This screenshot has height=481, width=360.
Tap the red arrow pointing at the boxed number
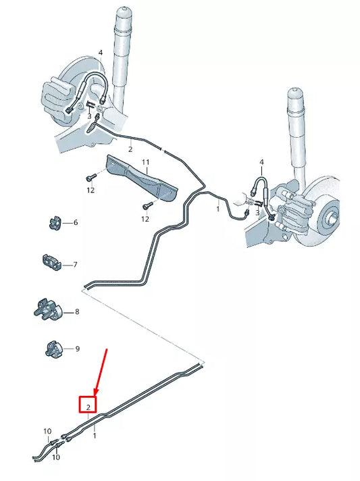[x=101, y=372]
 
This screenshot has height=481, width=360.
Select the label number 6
[x=75, y=222]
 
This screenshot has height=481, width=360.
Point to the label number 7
[x=75, y=264]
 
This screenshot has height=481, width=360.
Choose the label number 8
[x=77, y=311]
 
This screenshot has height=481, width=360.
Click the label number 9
[x=77, y=349]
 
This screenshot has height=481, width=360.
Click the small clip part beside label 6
[x=55, y=222]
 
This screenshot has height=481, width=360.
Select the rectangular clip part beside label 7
[x=53, y=262]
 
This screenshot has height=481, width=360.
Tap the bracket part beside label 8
[x=49, y=311]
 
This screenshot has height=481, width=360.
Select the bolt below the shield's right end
[x=145, y=205]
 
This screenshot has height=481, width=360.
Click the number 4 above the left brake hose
[x=100, y=52]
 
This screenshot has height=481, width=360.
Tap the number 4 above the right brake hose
[x=262, y=162]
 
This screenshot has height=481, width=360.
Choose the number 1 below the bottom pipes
[x=94, y=436]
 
